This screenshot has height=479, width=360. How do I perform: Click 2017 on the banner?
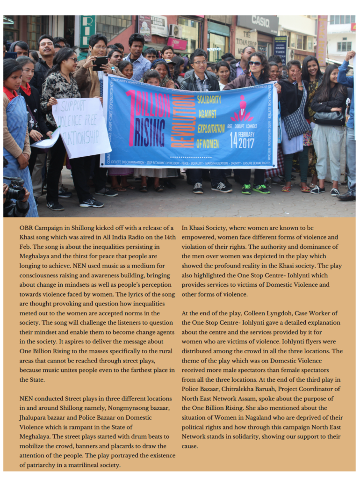(246, 142)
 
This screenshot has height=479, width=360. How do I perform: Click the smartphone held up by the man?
(100, 63)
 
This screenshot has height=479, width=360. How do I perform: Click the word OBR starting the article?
(26, 228)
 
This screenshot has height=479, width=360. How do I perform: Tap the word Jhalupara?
(35, 417)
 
